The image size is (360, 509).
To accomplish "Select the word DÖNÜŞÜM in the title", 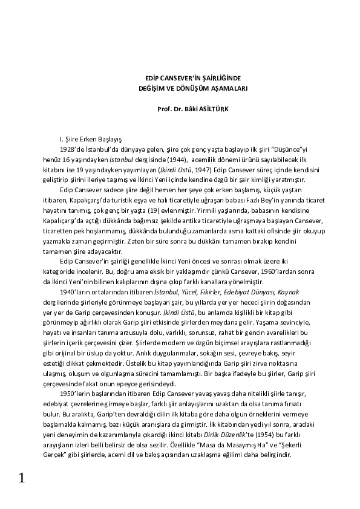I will tap(189, 88).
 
